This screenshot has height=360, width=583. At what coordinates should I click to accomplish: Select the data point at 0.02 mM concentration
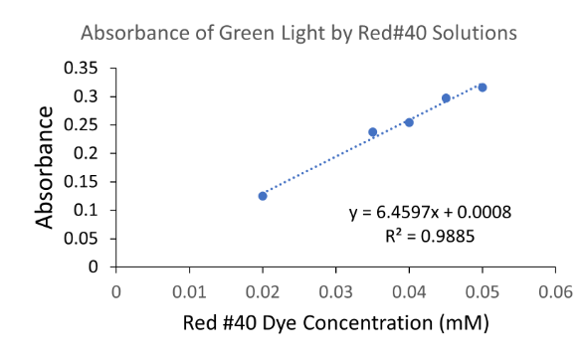click(x=263, y=196)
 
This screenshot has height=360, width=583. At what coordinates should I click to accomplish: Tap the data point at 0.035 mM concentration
click(x=373, y=132)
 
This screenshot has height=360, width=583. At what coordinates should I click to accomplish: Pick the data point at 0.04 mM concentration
click(x=409, y=122)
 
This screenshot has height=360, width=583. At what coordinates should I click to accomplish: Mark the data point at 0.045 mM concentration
click(x=446, y=98)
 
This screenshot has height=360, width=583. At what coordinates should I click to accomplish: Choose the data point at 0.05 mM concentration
click(x=483, y=88)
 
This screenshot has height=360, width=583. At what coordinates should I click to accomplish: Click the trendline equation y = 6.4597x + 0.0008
click(x=431, y=213)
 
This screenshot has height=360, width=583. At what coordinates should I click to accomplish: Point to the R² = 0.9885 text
click(x=431, y=235)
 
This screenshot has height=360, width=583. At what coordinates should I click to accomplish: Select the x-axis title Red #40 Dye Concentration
click(x=336, y=324)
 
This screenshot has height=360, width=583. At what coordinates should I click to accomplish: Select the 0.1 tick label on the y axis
click(x=89, y=211)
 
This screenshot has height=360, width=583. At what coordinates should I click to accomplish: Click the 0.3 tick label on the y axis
click(x=89, y=96)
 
